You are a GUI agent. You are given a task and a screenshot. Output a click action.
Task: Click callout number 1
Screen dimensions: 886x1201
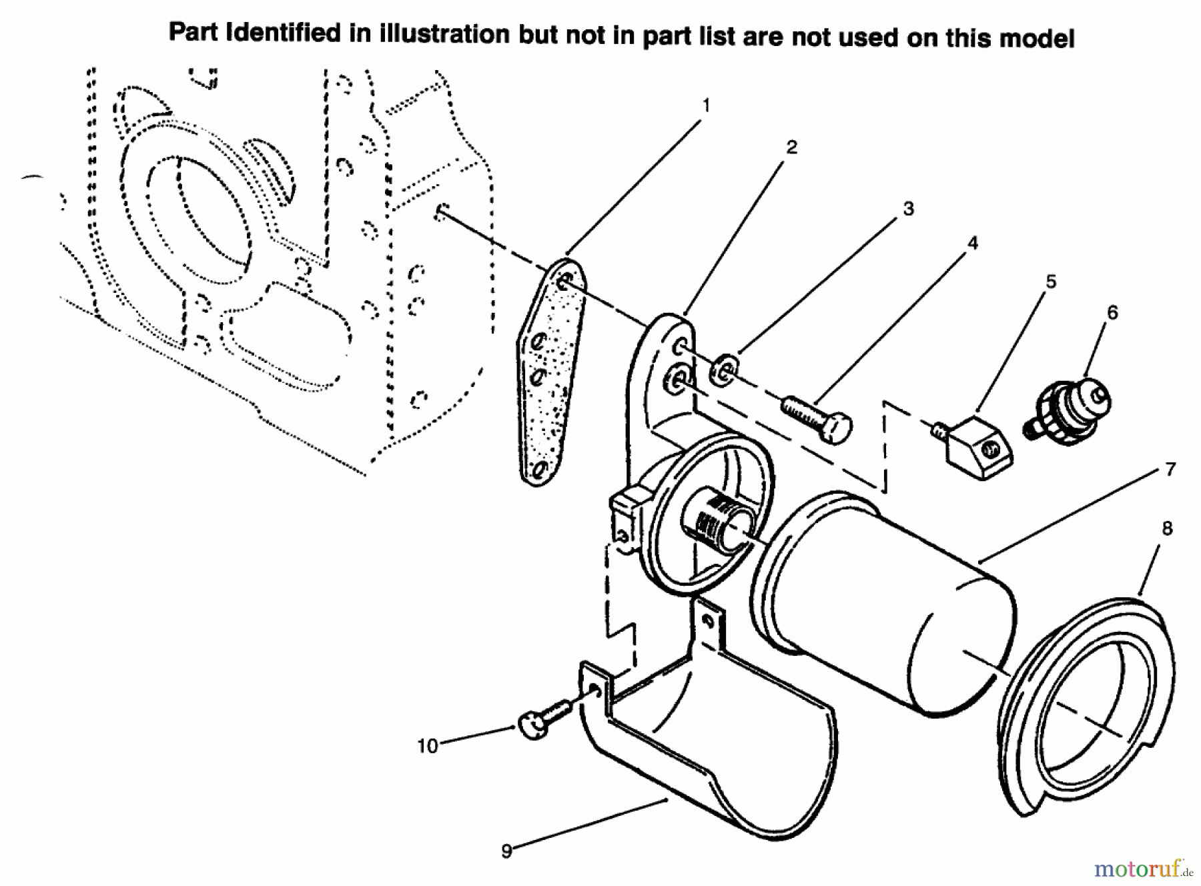click(706, 106)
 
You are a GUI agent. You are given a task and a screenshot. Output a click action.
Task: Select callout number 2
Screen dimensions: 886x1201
click(791, 147)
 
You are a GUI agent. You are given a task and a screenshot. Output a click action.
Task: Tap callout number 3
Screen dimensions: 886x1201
click(908, 209)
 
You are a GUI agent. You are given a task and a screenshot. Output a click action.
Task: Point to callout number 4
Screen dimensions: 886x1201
click(972, 244)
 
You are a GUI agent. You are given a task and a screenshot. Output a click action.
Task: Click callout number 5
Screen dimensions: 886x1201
click(1051, 282)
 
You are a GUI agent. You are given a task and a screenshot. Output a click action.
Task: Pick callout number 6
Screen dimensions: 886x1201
click(1112, 312)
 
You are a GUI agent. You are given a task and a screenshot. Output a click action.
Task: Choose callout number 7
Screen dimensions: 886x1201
click(1170, 470)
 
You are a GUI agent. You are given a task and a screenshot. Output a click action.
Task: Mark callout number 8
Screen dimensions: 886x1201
click(1166, 529)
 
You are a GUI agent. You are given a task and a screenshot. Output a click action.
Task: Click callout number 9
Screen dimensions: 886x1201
click(507, 851)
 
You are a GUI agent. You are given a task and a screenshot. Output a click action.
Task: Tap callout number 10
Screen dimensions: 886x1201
click(428, 746)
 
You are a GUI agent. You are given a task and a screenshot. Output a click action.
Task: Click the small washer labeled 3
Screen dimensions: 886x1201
click(724, 371)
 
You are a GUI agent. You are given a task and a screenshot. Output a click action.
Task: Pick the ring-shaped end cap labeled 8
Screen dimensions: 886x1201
click(1088, 701)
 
